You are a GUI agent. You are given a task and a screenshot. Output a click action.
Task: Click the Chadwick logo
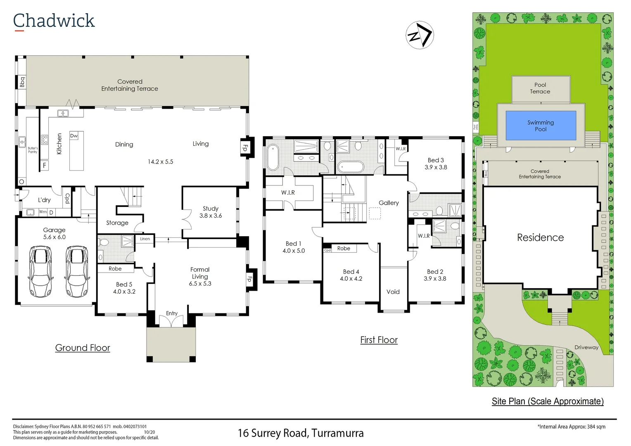pyautogui.click(x=54, y=21)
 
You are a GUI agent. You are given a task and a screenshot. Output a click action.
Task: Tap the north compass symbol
pyautogui.click(x=420, y=35)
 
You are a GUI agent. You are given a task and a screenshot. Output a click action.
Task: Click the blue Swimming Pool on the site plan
pyautogui.click(x=541, y=126)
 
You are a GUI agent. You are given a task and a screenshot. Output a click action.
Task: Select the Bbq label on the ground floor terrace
pyautogui.click(x=22, y=82)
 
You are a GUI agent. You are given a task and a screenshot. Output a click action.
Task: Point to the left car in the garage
pyautogui.click(x=40, y=271)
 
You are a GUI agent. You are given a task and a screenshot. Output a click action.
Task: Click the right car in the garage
pyautogui.click(x=77, y=271)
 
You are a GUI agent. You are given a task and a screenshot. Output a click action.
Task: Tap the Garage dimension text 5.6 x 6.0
pyautogui.click(x=55, y=237)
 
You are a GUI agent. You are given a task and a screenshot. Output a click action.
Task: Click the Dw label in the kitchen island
pyautogui.click(x=74, y=135)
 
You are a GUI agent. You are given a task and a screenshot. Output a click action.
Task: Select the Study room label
pyautogui.click(x=211, y=209)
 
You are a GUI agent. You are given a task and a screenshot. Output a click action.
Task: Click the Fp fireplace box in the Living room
pyautogui.click(x=245, y=147)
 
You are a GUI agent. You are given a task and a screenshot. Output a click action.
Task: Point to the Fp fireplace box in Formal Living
pyautogui.click(x=249, y=279)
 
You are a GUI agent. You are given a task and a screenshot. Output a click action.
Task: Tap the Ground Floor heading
pyautogui.click(x=83, y=348)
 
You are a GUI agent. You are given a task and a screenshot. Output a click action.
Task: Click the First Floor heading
pyautogui.click(x=379, y=340)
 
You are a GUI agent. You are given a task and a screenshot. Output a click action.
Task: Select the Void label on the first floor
pyautogui.click(x=393, y=292)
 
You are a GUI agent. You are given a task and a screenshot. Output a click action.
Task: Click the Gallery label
pyautogui.click(x=389, y=203)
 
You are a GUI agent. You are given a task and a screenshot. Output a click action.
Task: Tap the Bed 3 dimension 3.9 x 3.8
pyautogui.click(x=436, y=167)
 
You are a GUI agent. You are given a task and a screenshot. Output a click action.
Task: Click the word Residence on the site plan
pyautogui.click(x=540, y=237)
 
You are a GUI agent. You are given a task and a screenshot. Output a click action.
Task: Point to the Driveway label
pyautogui.click(x=586, y=347)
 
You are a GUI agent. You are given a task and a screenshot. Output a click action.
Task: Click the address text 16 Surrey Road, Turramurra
pyautogui.click(x=301, y=433)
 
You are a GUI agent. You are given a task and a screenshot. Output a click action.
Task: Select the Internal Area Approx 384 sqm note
pyautogui.click(x=572, y=427)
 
